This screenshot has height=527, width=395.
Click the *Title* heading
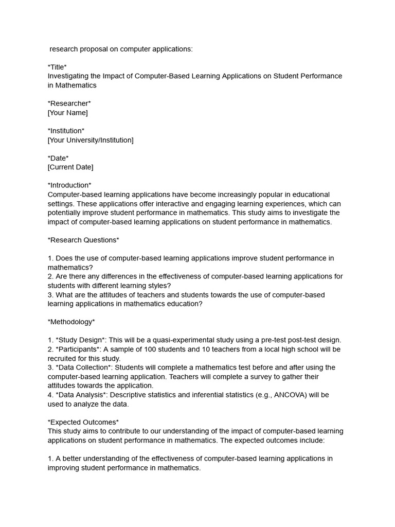pos(57,67)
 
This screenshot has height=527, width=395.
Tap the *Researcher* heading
pos(69,103)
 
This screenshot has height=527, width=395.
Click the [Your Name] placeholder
pos(67,113)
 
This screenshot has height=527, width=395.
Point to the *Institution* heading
pos(66,131)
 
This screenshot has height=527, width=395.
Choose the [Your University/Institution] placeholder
pos(91,140)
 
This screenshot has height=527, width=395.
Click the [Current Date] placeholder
pos(70,167)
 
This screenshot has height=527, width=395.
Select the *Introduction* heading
pos(69,185)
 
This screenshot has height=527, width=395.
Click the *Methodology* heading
pos(71,322)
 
